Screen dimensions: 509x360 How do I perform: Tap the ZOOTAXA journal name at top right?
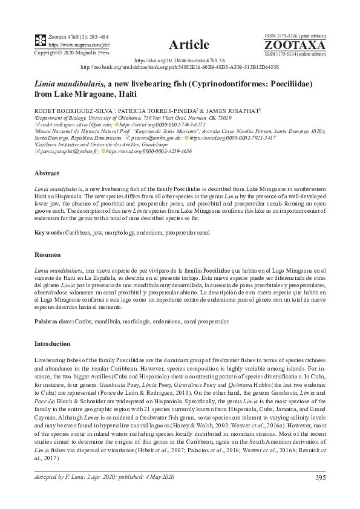click(303, 45)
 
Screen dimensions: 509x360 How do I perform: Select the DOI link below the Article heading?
click(180, 61)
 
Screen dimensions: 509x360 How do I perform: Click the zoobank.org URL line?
click(180, 68)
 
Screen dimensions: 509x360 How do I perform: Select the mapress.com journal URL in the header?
click(70, 45)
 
